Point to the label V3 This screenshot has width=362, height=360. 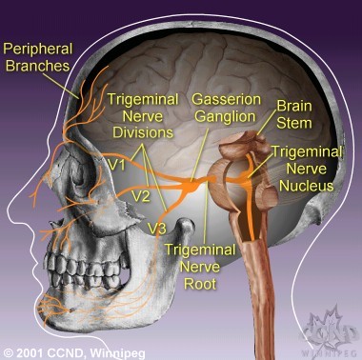159,229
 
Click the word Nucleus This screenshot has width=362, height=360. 305,185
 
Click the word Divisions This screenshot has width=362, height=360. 139,133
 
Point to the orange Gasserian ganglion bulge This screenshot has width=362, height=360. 193,186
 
